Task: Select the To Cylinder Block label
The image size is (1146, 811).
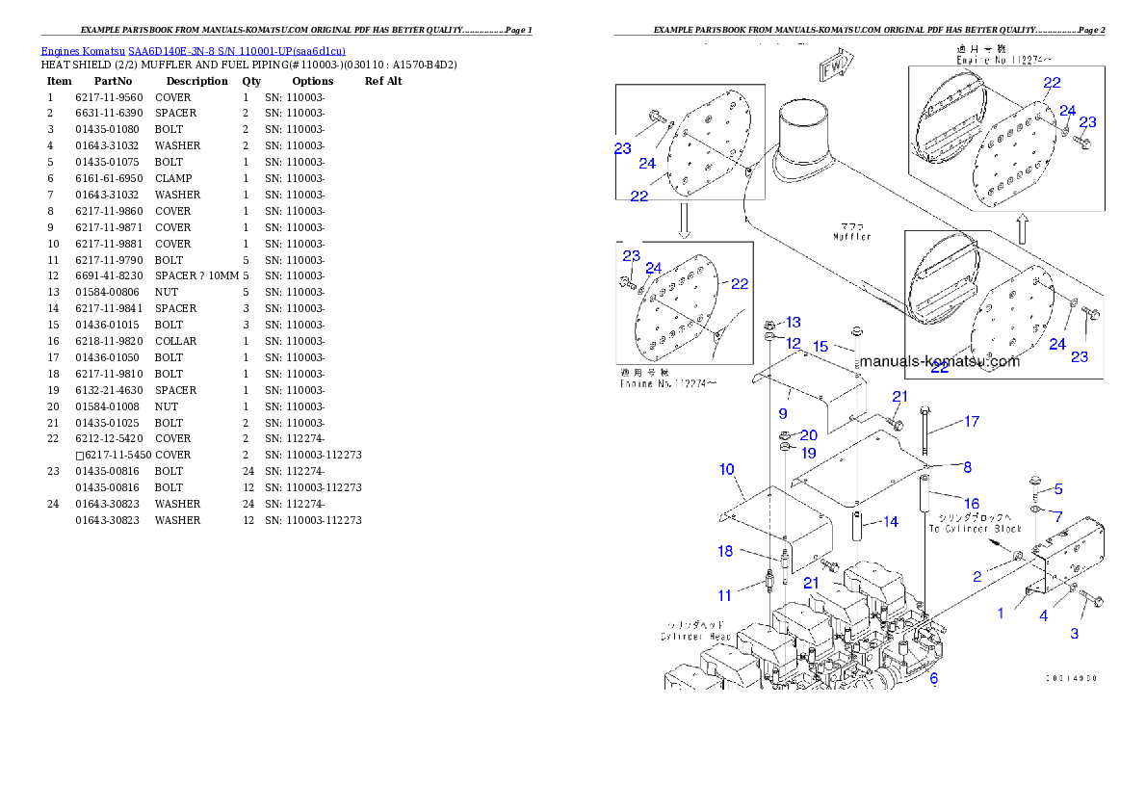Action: [x=975, y=529]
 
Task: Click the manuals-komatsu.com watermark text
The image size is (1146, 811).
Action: [x=939, y=361]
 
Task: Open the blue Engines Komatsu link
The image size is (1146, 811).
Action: [x=193, y=50]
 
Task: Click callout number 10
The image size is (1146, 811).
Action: [x=726, y=469]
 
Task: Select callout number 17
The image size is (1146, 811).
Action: [x=972, y=421]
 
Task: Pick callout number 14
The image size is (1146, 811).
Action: [x=890, y=521]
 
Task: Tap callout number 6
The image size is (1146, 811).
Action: [x=933, y=679]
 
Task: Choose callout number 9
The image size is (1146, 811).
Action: [x=783, y=412]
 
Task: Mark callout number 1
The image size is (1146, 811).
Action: [x=1001, y=613]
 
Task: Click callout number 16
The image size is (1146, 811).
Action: [x=972, y=503]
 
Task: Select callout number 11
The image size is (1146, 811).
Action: [x=724, y=595]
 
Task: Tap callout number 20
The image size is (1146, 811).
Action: [x=808, y=435]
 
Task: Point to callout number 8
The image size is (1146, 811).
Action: [x=967, y=467]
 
